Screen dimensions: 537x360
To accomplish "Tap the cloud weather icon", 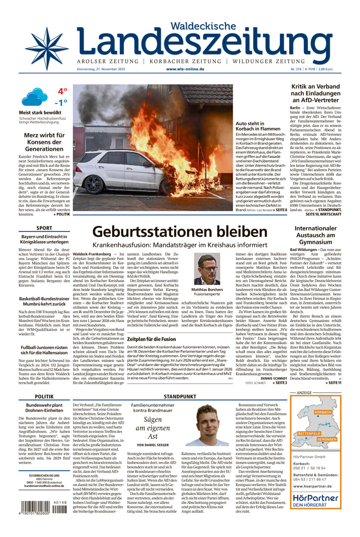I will point(34,97).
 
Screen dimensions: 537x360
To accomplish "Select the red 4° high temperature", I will point(62,91).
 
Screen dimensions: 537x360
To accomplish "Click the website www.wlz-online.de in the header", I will point(185,69).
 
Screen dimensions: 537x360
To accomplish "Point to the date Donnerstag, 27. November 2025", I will point(101,69).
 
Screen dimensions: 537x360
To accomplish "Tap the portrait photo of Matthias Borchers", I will point(207,269).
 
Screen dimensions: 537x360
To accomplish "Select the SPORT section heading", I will point(44,228).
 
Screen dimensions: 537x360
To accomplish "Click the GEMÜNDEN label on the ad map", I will point(327,440).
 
